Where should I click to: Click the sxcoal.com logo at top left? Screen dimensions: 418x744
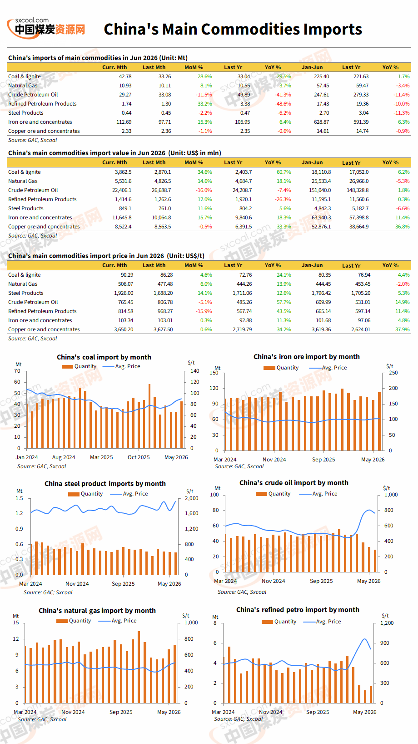46,28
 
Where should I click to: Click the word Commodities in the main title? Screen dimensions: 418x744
250,29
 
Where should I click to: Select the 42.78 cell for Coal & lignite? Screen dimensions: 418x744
125,76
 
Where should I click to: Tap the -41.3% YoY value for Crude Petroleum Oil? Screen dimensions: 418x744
283,95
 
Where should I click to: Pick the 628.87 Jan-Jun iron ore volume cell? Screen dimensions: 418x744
322,122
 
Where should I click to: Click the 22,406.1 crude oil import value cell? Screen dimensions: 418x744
122,190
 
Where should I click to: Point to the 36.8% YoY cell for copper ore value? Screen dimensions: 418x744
403,227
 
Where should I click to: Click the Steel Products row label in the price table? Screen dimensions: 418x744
26,293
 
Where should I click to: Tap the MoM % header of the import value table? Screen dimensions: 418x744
194,162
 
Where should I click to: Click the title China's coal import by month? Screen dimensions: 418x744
104,357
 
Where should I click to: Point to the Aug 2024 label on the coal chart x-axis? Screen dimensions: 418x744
64,457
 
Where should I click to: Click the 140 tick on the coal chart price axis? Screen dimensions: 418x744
195,371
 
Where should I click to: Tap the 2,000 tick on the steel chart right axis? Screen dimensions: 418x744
191,498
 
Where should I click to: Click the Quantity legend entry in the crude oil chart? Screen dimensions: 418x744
273,494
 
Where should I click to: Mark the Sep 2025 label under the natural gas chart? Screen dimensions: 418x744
121,712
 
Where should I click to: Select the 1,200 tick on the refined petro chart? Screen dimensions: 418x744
387,623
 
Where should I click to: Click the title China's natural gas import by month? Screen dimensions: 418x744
97,611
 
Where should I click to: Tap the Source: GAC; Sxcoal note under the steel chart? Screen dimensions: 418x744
48,592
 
